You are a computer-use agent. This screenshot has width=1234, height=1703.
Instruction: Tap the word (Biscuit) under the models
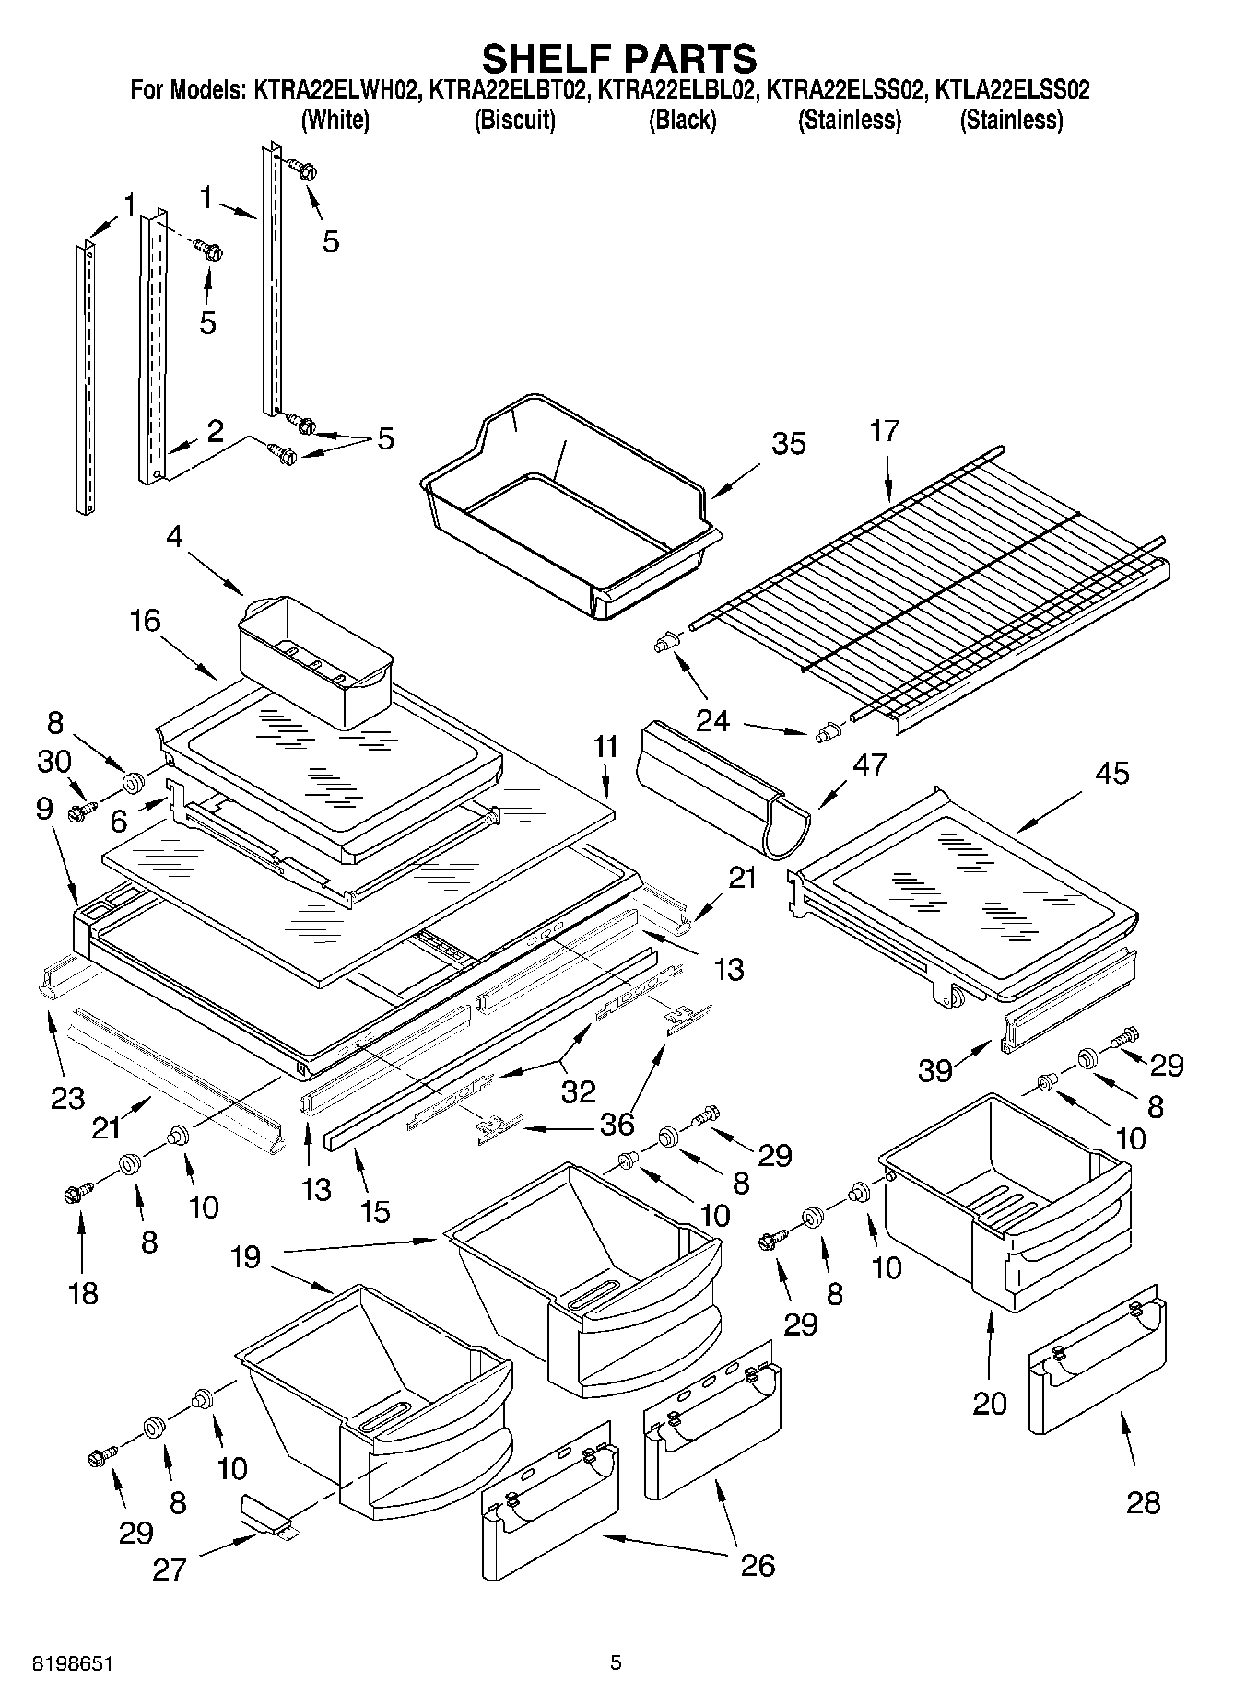pyautogui.click(x=514, y=120)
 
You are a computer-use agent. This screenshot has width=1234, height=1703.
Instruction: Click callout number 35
pyautogui.click(x=789, y=443)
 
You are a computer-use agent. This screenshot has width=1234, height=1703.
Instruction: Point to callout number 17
pyautogui.click(x=885, y=430)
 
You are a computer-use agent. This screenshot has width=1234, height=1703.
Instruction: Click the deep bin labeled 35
pyautogui.click(x=571, y=516)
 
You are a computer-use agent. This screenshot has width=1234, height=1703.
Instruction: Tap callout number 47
pyautogui.click(x=870, y=764)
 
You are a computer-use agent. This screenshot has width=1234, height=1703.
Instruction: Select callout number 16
pyautogui.click(x=145, y=620)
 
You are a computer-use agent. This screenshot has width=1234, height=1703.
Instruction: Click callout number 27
pyautogui.click(x=170, y=1569)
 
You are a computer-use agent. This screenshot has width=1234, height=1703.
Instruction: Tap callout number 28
pyautogui.click(x=1144, y=1502)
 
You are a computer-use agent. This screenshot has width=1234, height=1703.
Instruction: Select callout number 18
pyautogui.click(x=83, y=1292)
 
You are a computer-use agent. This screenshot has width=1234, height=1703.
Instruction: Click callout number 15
pyautogui.click(x=375, y=1210)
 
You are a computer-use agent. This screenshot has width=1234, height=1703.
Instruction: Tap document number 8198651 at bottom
pyautogui.click(x=73, y=1663)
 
